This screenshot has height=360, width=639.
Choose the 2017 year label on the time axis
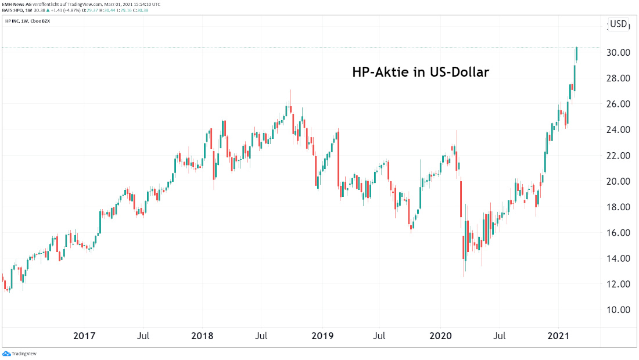(x=84, y=336)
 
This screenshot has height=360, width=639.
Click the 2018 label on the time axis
(x=202, y=336)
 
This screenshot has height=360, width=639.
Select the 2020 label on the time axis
(x=440, y=336)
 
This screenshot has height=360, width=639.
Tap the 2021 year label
(x=559, y=336)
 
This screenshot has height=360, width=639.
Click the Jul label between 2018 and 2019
(x=262, y=336)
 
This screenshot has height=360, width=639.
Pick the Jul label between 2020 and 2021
(x=499, y=336)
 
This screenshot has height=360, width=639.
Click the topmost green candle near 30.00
(x=577, y=53)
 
